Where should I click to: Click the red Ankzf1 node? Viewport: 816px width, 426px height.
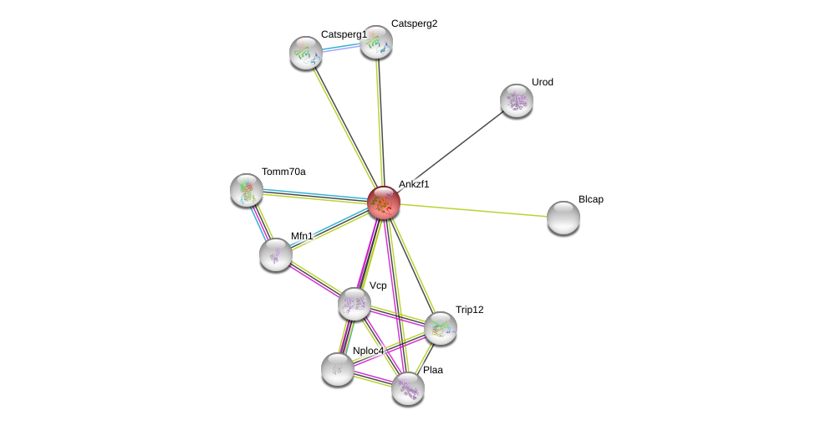pos(384,202)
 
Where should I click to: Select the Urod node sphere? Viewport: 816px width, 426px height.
pos(517,100)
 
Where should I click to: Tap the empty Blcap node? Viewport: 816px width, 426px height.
pos(564,218)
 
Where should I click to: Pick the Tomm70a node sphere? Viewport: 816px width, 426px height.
pos(247,190)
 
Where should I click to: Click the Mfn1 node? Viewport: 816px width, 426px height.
pos(276,254)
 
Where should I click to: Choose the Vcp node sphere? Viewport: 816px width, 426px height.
pos(354,304)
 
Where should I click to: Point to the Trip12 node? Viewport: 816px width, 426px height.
pos(441,328)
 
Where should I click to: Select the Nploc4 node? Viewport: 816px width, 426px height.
pos(338,369)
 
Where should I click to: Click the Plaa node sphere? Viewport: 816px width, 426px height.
pos(408,388)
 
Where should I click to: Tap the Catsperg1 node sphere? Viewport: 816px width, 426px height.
pos(306,53)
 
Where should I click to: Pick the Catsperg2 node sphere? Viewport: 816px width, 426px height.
pos(376,42)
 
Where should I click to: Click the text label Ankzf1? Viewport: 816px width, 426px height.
pos(414,184)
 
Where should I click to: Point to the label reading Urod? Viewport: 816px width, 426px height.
pos(543,82)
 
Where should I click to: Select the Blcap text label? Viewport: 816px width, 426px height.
pos(591,199)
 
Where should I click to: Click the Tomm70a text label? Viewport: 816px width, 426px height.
pos(283,172)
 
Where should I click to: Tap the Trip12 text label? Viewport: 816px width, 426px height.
pos(469,310)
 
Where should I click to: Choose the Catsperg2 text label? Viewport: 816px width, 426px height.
pos(414,23)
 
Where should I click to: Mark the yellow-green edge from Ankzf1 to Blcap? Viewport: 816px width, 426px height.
pos(477,210)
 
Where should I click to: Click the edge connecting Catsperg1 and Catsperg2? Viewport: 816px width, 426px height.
pos(341,48)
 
